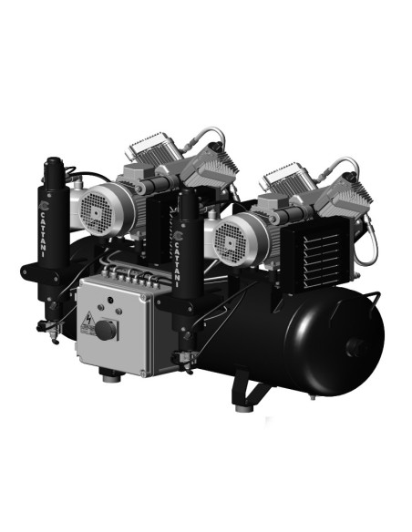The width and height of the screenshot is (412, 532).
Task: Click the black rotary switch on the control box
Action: (x=108, y=329)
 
